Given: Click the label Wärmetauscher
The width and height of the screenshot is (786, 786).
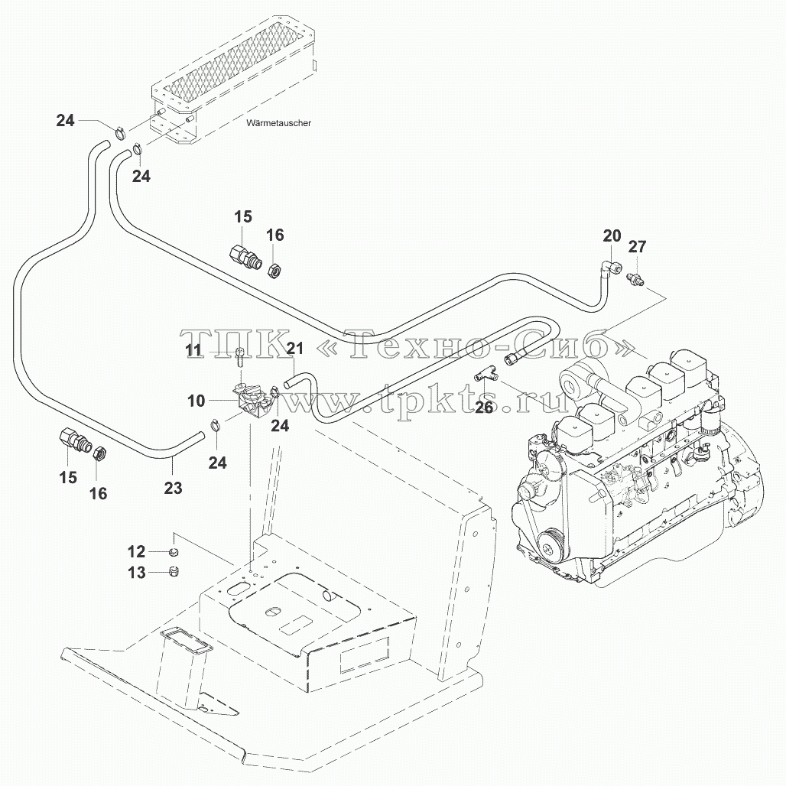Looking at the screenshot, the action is tap(279, 123).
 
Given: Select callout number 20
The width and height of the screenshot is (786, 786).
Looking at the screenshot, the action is tap(612, 235).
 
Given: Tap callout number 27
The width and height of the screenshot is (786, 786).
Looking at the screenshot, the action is tap(637, 247).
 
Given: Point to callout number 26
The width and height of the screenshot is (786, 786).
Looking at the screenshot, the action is tap(484, 408).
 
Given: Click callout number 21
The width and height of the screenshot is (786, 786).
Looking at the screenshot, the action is tap(295, 348).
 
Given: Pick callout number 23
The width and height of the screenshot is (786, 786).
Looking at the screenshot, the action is tap(174, 487).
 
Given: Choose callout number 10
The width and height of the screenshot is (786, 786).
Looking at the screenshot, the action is tap(196, 401).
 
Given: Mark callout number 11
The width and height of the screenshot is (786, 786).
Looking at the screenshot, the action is tap(194, 350).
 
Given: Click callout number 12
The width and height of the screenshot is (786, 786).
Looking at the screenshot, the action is tap(136, 552).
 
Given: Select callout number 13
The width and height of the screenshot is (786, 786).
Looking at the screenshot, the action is tap(136, 573).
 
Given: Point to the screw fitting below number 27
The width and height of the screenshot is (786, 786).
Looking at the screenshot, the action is tap(634, 280).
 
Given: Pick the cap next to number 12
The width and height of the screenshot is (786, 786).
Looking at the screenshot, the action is tap(174, 552).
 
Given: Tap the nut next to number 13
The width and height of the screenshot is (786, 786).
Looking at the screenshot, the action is tap(174, 571).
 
